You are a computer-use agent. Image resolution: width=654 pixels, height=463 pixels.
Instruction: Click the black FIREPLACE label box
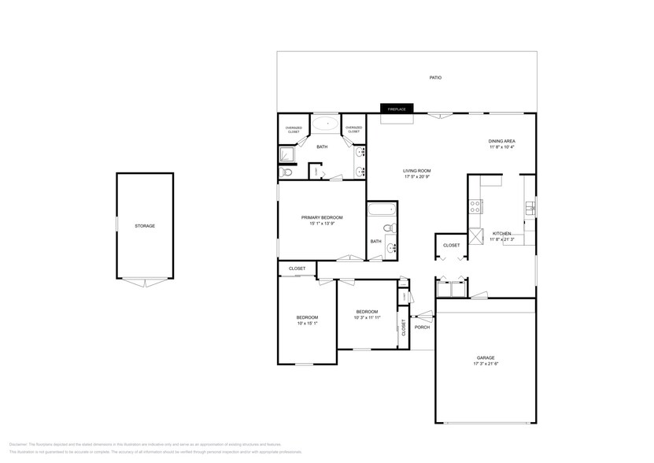pos(396,109)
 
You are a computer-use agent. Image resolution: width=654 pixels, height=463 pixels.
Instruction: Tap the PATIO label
pos(434,78)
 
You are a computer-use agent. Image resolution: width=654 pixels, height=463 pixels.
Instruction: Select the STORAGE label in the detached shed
pos(144,226)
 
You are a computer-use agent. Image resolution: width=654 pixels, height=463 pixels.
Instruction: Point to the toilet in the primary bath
pos(286,171)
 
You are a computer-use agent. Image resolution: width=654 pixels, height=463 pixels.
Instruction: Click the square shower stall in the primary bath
pos(287,154)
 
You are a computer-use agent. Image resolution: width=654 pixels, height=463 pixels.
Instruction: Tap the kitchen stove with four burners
pos(475,207)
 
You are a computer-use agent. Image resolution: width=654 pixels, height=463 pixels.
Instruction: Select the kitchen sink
pos(530,208)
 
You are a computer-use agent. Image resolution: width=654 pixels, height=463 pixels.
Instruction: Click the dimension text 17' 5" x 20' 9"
pos(417,177)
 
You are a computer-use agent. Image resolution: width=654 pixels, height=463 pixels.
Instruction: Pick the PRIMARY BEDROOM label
pos(322,217)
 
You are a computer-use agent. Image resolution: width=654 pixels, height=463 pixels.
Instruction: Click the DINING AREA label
pos(501,141)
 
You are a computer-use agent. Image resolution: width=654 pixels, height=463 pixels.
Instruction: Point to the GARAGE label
pos(485,357)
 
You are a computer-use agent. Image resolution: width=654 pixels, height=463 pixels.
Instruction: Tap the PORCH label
pos(422,327)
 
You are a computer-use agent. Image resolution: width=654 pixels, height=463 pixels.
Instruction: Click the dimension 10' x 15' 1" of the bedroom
pos(307,324)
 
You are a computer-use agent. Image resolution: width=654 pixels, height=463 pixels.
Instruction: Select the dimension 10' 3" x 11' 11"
pos(367,317)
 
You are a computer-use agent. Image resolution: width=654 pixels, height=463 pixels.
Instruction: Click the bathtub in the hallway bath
pos(382,210)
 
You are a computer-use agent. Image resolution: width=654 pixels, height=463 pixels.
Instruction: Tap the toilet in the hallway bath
pos(387,228)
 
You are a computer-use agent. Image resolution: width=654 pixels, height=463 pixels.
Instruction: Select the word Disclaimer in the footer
pos(20,444)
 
